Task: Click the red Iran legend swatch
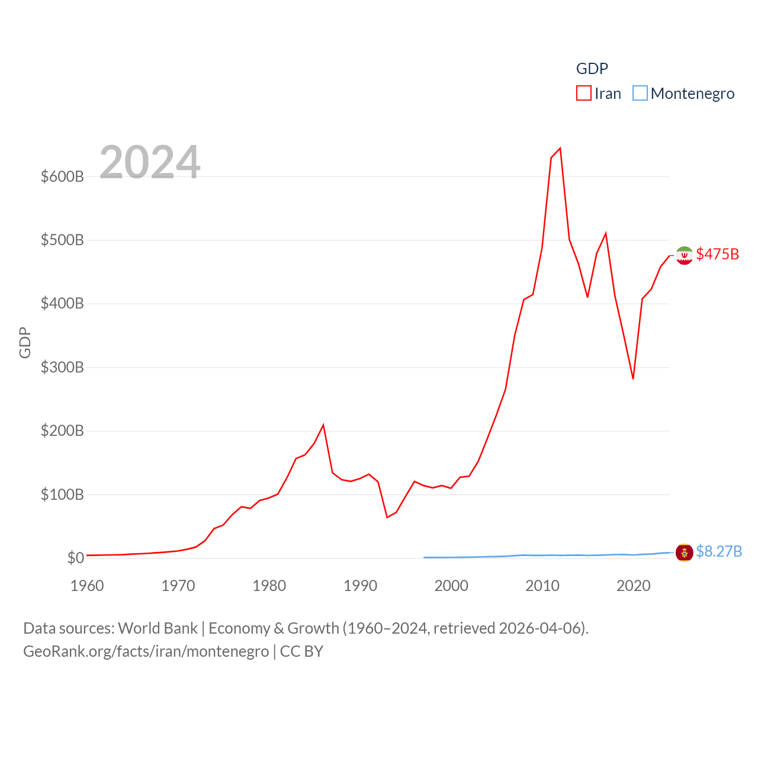(x=583, y=94)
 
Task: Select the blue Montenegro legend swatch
(x=640, y=94)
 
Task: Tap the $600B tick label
(x=62, y=176)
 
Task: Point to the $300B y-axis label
(x=62, y=367)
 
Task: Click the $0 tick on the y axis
(x=75, y=558)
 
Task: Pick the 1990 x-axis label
(x=360, y=586)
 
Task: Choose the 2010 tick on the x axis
(x=542, y=586)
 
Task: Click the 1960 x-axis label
(x=87, y=586)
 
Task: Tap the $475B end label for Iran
(x=717, y=254)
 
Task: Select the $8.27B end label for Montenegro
(x=719, y=551)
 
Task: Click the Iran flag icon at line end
(x=684, y=255)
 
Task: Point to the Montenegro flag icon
(x=684, y=553)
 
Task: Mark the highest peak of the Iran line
(x=560, y=148)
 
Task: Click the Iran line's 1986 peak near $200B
(x=323, y=425)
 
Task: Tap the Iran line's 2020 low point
(x=633, y=378)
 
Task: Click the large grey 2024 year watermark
(x=150, y=162)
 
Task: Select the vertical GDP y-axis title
(x=25, y=342)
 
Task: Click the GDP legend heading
(x=592, y=69)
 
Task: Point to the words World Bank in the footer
(x=158, y=628)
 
